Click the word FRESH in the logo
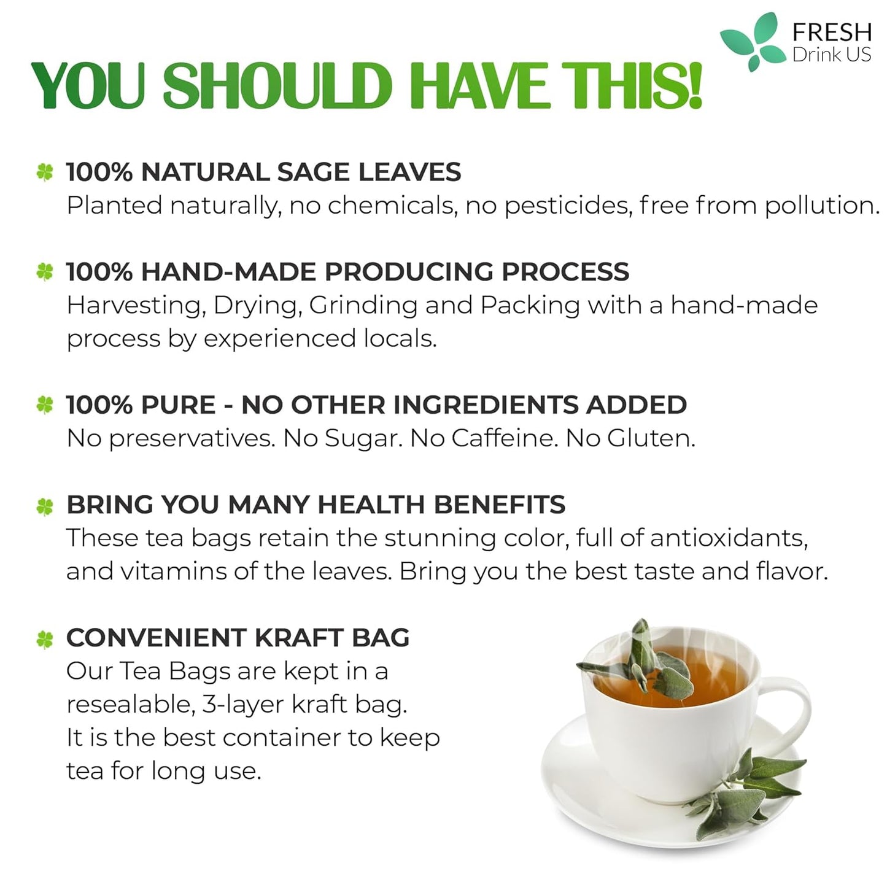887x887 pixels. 832,31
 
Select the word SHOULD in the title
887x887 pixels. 277,87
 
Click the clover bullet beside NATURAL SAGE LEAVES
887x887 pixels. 45,172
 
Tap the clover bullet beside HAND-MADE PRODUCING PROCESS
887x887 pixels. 45,272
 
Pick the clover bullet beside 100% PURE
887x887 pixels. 45,405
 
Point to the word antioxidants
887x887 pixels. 728,538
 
